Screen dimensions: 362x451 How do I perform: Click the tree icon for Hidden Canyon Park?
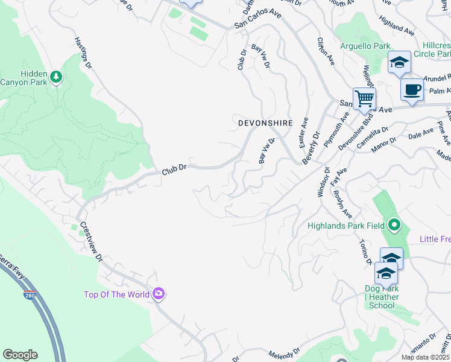click(56, 77)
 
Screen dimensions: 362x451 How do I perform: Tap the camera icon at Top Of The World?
click(159, 294)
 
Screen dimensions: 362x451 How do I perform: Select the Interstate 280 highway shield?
click(30, 295)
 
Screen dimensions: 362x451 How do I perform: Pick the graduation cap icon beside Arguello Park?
click(399, 62)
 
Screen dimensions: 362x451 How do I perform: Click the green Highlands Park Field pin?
click(394, 226)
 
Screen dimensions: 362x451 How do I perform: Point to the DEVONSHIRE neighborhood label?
click(265, 122)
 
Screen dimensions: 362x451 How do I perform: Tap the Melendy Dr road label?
click(284, 352)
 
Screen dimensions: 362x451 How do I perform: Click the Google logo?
click(20, 355)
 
